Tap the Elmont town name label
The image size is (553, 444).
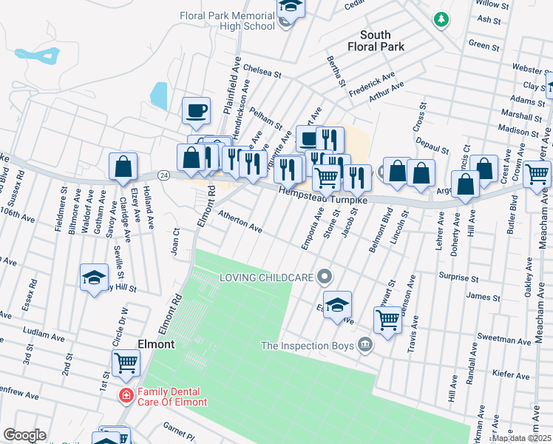click(156, 344)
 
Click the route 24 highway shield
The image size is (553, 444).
click(163, 175)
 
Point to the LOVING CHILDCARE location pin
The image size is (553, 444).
click(324, 277)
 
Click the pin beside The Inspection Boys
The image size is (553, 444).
click(364, 345)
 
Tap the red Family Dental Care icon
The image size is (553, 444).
click(126, 396)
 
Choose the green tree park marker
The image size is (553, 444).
click(441, 18)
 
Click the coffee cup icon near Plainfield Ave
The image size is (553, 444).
click(197, 111)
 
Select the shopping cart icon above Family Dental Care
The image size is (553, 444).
click(126, 363)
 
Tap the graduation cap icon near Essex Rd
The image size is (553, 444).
click(94, 277)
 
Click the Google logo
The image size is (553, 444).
click(24, 435)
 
